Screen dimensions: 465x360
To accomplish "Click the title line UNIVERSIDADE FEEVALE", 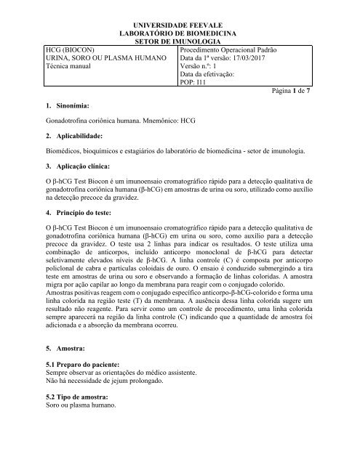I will click(179, 25).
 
